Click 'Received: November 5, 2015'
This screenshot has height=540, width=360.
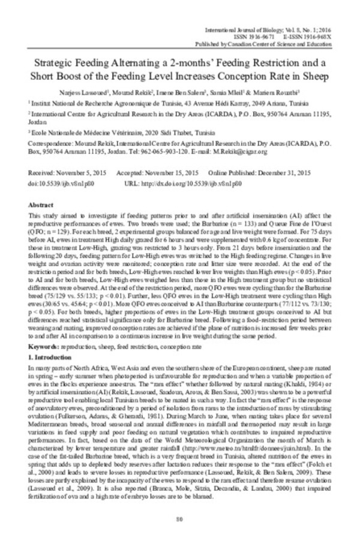pos(68,173)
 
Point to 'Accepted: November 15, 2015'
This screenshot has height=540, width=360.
pos(157,173)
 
